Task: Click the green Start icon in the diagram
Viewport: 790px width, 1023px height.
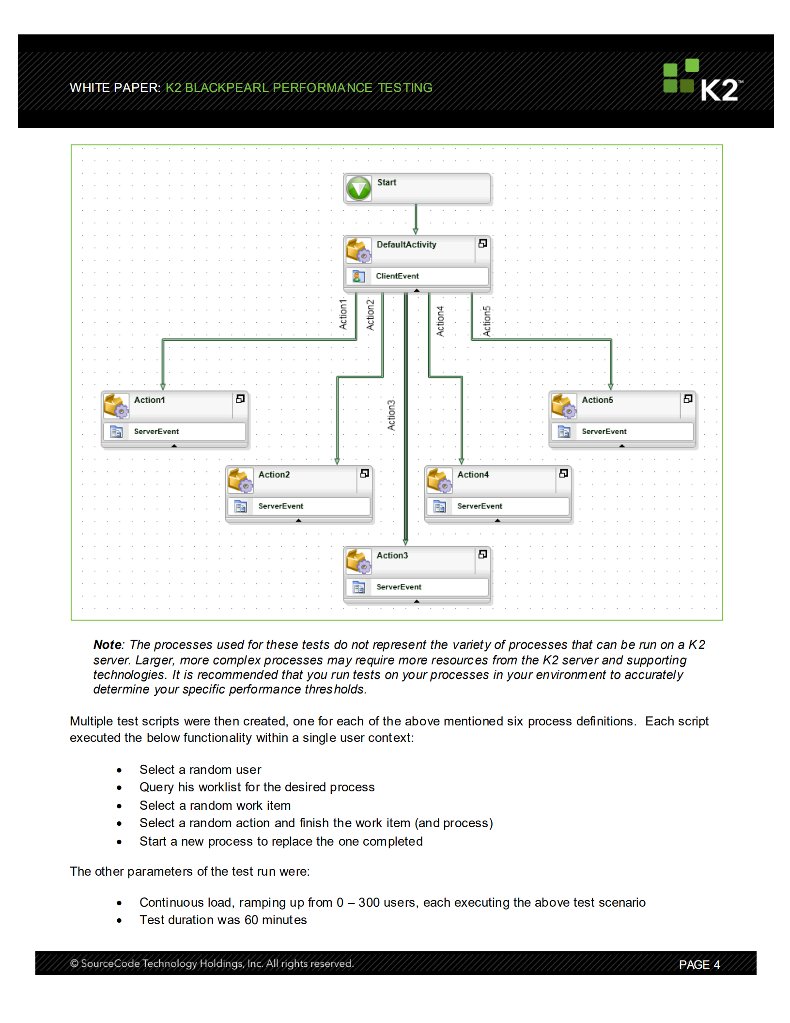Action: [359, 188]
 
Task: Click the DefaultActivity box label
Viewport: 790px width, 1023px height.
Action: [406, 244]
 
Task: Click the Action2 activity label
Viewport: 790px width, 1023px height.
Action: [274, 474]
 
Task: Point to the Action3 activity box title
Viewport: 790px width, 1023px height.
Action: [392, 555]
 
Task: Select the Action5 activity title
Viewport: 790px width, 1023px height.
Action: [597, 400]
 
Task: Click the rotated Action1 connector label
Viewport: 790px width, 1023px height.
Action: [343, 315]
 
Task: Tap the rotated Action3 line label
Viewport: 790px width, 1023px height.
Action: [391, 415]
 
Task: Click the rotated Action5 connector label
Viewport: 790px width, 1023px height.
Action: [486, 321]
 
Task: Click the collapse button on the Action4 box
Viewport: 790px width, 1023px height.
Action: [563, 473]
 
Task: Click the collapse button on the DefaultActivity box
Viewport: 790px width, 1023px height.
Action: [482, 243]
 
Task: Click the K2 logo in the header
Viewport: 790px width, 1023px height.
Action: [702, 80]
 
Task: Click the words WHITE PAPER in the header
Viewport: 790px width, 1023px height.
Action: [114, 88]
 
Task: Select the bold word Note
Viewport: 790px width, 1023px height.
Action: [107, 645]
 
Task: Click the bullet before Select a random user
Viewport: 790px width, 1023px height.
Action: [119, 770]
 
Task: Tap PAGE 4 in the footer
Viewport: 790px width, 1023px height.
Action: [698, 964]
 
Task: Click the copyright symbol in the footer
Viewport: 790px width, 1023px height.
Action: [74, 963]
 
